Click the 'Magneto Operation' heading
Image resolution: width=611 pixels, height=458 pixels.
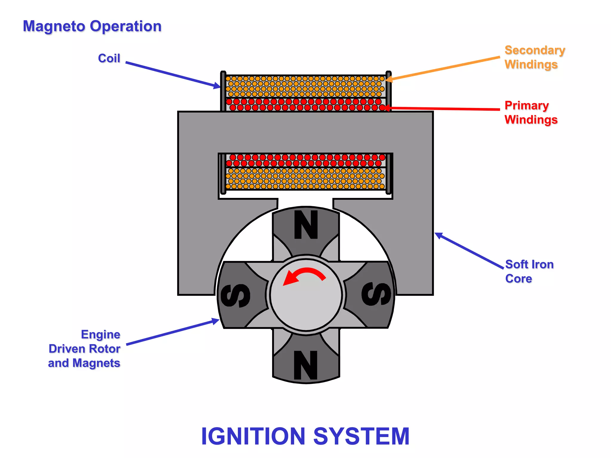(x=92, y=26)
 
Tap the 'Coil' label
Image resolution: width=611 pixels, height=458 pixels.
(x=109, y=58)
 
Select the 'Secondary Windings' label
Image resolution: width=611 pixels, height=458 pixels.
(x=534, y=57)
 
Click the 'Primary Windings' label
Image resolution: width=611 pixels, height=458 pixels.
(x=531, y=112)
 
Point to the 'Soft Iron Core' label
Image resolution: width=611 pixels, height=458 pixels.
(x=529, y=271)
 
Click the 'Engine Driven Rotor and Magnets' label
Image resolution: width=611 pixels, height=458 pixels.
(x=85, y=349)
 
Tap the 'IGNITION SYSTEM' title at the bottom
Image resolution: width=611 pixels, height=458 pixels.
(x=305, y=436)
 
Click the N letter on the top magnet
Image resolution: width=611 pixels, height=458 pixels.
(x=306, y=225)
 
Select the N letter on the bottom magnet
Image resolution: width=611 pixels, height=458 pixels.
(x=305, y=365)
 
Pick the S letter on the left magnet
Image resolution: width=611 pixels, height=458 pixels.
(x=235, y=295)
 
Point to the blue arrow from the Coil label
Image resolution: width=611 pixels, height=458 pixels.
(x=173, y=75)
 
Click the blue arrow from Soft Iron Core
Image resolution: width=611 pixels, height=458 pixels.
(x=468, y=250)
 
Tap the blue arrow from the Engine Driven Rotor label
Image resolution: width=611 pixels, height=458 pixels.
(x=173, y=332)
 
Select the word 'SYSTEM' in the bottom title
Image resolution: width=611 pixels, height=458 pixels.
(x=361, y=436)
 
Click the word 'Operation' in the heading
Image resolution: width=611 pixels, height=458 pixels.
(x=126, y=26)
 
